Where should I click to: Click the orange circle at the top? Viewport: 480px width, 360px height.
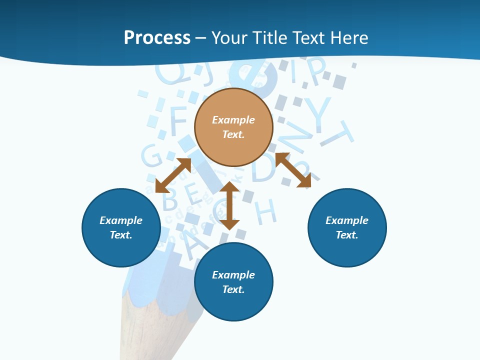pos(233,127)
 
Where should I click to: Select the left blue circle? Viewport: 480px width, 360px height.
pos(121,227)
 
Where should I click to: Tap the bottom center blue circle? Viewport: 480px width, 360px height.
pos(233,282)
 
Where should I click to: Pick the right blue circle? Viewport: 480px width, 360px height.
pos(347,227)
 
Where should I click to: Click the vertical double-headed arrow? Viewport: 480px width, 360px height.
pos(229,205)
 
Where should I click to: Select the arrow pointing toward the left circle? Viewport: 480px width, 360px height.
pos(173,175)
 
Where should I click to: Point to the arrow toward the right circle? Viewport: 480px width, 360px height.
pos(293,170)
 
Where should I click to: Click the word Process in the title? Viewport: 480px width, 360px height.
pos(157,38)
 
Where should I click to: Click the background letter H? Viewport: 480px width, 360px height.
pos(266,211)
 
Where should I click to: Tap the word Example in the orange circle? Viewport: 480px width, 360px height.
pos(233,120)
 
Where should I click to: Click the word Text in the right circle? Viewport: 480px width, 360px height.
pos(347,235)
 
